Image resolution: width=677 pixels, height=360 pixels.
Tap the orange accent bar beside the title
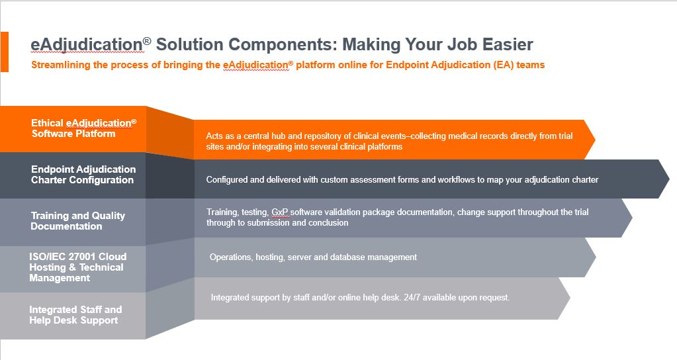click(x=5, y=52)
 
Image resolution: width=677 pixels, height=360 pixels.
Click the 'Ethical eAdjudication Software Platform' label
click(x=84, y=128)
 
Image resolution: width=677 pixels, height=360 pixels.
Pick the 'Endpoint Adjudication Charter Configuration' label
click(x=83, y=175)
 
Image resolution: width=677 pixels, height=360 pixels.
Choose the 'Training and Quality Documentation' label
click(x=77, y=220)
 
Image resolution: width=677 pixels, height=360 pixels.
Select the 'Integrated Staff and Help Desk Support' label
click(x=75, y=315)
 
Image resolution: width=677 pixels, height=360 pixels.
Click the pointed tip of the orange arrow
click(x=595, y=140)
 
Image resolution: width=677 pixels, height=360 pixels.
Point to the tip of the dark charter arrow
click(x=669, y=179)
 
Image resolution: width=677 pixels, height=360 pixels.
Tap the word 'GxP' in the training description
click(x=279, y=212)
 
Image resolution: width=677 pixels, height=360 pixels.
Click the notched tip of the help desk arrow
click(x=570, y=298)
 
